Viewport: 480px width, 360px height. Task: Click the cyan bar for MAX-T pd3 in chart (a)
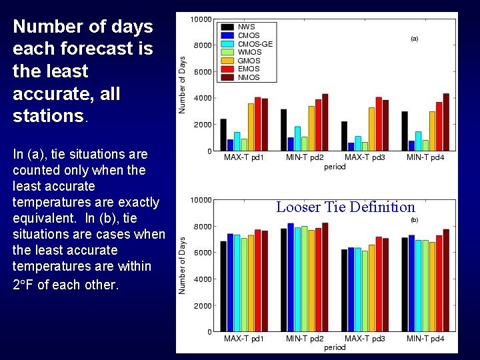358,143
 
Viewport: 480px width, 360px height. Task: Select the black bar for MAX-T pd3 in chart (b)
344,290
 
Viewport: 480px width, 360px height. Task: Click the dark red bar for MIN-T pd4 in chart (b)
446,280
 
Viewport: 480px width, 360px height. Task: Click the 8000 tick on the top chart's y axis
202,45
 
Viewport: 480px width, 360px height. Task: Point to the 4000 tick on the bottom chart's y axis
202,279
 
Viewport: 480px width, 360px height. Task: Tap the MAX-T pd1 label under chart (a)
243,158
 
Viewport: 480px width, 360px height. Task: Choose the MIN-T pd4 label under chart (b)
425,339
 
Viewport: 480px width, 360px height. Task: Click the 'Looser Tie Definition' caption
345,207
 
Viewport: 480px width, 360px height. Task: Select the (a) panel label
414,39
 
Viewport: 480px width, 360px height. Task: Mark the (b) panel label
414,219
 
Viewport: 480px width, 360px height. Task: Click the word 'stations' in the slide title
46,116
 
